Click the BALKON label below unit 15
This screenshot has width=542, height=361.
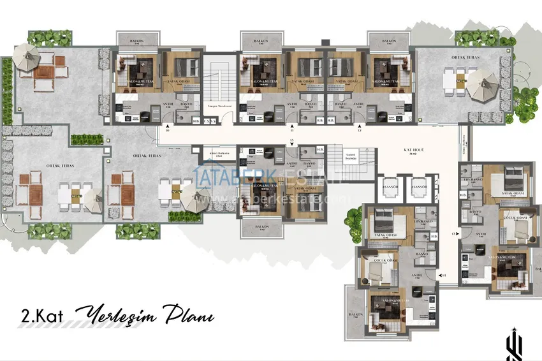pyautogui.click(x=260, y=226)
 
